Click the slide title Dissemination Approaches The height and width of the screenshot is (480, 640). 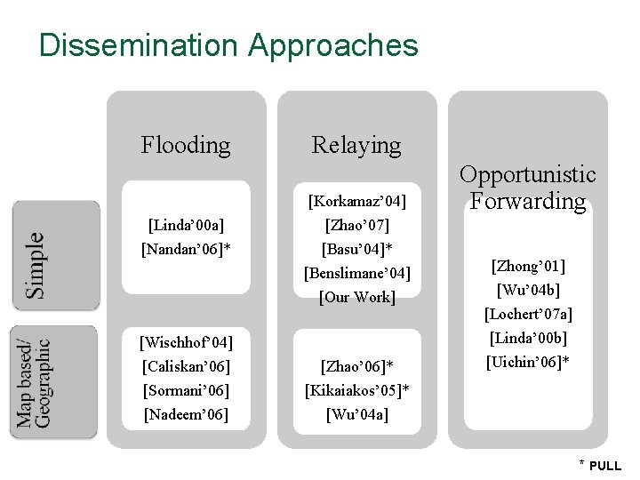(x=228, y=44)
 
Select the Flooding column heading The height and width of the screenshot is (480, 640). (x=186, y=144)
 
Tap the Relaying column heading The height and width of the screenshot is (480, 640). (x=356, y=144)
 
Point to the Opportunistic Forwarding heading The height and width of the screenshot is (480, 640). (x=528, y=188)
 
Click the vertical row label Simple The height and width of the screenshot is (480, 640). (x=34, y=265)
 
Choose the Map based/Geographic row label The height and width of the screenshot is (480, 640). (x=34, y=382)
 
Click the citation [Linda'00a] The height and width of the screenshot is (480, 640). (x=186, y=225)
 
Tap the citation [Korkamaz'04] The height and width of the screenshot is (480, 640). (x=356, y=200)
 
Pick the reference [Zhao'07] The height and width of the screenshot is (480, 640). (x=356, y=225)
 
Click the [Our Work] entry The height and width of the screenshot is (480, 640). (x=356, y=297)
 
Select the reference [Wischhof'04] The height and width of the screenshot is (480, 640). (x=186, y=342)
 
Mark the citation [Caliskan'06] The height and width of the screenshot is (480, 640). (x=186, y=366)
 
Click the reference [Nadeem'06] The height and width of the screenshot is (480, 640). (x=186, y=414)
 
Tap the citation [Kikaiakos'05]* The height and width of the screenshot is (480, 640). (x=356, y=390)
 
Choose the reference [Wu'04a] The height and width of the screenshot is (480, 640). (x=356, y=414)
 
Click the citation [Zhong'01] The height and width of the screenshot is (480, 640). (x=528, y=266)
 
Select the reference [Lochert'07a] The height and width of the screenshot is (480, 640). (x=528, y=314)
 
